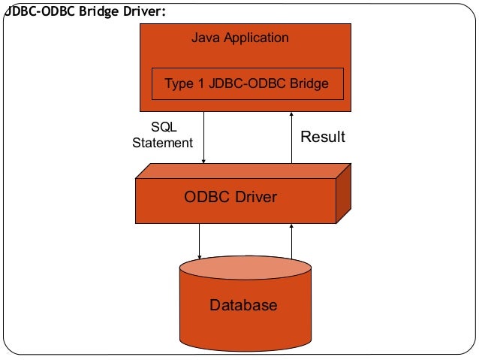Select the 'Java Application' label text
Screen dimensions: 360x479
[239, 38]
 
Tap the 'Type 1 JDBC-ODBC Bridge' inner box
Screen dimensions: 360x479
[247, 83]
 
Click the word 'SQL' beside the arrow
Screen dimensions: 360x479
[164, 128]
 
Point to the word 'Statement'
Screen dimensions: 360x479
[163, 142]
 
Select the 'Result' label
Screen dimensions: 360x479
[323, 137]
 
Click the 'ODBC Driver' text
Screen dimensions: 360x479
[230, 198]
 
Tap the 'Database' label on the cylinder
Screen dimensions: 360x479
[243, 305]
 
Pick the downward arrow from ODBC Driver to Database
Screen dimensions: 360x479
[200, 241]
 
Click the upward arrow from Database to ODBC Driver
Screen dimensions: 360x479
[291, 241]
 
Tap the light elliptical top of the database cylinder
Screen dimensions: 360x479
[245, 268]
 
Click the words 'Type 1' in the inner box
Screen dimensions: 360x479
[185, 83]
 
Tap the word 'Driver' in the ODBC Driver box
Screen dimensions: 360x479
[254, 198]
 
